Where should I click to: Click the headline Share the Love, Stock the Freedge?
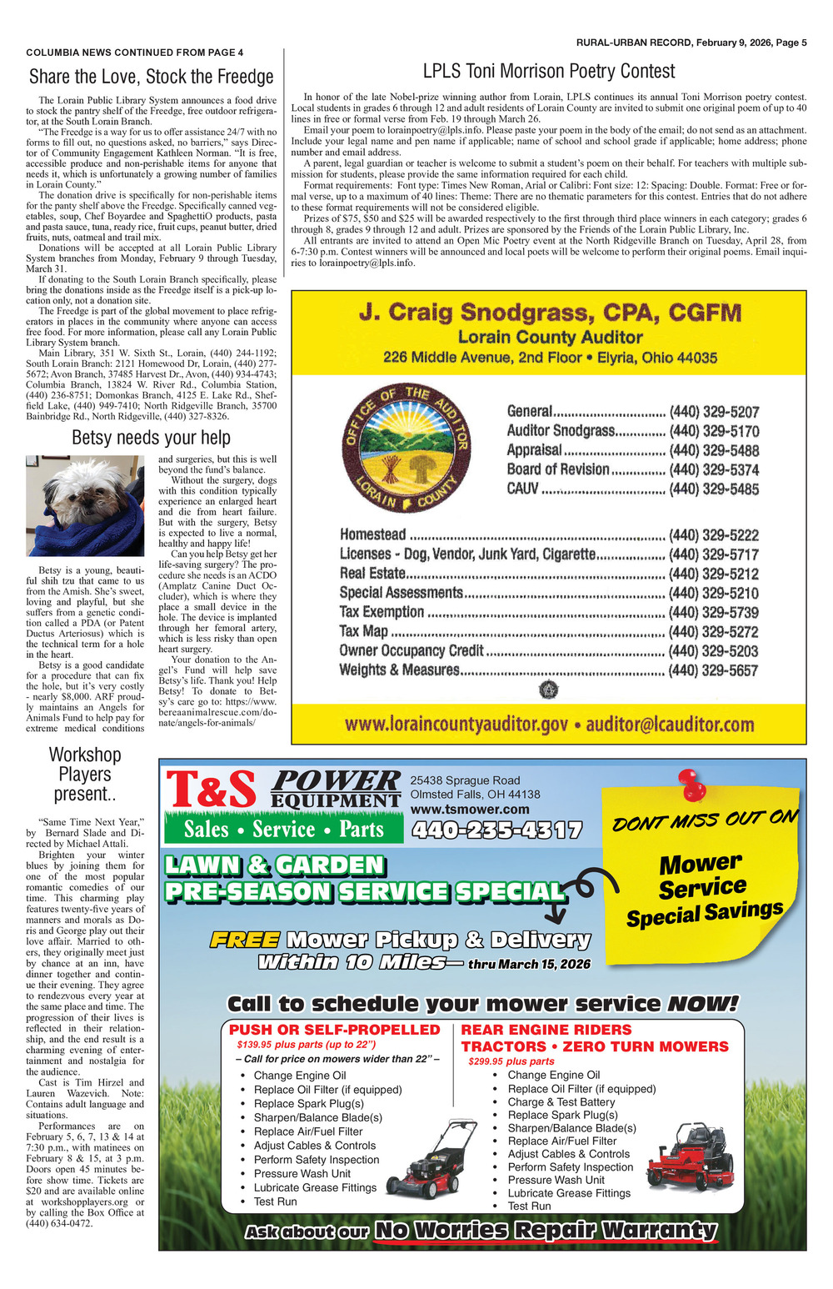[151, 77]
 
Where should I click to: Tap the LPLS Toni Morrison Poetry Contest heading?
[548, 71]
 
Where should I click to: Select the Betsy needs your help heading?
[151, 437]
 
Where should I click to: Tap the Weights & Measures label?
[399, 670]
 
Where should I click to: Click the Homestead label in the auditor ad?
[372, 534]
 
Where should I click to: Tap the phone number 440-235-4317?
[496, 830]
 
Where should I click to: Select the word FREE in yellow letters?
[244, 940]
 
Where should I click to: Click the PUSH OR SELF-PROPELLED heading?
[334, 1030]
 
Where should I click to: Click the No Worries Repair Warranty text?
[546, 1230]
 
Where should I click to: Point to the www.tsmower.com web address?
[470, 809]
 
